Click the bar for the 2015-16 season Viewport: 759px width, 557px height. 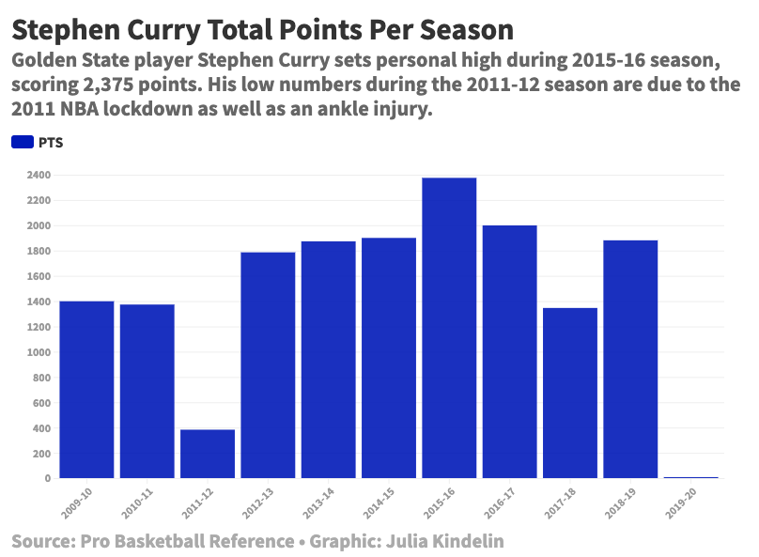(449, 328)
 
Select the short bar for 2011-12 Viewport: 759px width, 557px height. (208, 454)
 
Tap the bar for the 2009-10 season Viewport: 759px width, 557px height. (86, 389)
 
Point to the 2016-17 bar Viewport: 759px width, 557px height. (509, 351)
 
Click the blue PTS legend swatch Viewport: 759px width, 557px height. (22, 143)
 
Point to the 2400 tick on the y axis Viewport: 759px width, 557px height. (39, 176)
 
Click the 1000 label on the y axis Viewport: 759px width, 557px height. (39, 353)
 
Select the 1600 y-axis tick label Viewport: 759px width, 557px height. (39, 277)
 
